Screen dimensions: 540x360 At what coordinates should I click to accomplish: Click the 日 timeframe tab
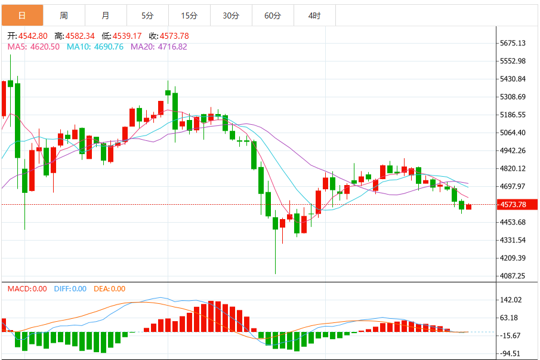(23, 16)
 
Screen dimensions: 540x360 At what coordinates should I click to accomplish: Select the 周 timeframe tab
(64, 16)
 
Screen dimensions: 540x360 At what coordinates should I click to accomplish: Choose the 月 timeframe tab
(106, 16)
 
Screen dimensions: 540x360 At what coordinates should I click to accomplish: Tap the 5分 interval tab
(147, 16)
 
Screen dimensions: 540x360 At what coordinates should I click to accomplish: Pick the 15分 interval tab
(189, 16)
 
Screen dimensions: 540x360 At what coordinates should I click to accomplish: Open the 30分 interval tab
(231, 16)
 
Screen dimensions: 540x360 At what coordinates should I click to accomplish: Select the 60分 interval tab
(273, 16)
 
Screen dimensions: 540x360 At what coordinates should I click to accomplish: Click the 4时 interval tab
(314, 16)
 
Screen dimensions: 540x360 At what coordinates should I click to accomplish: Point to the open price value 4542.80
(33, 36)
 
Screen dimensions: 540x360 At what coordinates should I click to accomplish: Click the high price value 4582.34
(80, 36)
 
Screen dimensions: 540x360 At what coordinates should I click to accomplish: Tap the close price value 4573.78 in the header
(174, 36)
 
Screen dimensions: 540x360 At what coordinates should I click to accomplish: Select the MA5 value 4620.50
(45, 47)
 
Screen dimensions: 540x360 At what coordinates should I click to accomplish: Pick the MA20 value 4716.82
(172, 47)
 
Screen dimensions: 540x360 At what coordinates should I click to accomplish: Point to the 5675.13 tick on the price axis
(513, 43)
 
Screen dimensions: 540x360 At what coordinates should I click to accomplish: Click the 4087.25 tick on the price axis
(513, 276)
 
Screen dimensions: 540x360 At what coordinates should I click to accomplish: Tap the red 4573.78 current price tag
(517, 205)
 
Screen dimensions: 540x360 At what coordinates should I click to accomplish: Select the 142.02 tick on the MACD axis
(511, 300)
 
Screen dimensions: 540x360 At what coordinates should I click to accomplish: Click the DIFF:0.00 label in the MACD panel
(70, 289)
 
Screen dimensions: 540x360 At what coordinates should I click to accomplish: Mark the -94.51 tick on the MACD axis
(510, 354)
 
